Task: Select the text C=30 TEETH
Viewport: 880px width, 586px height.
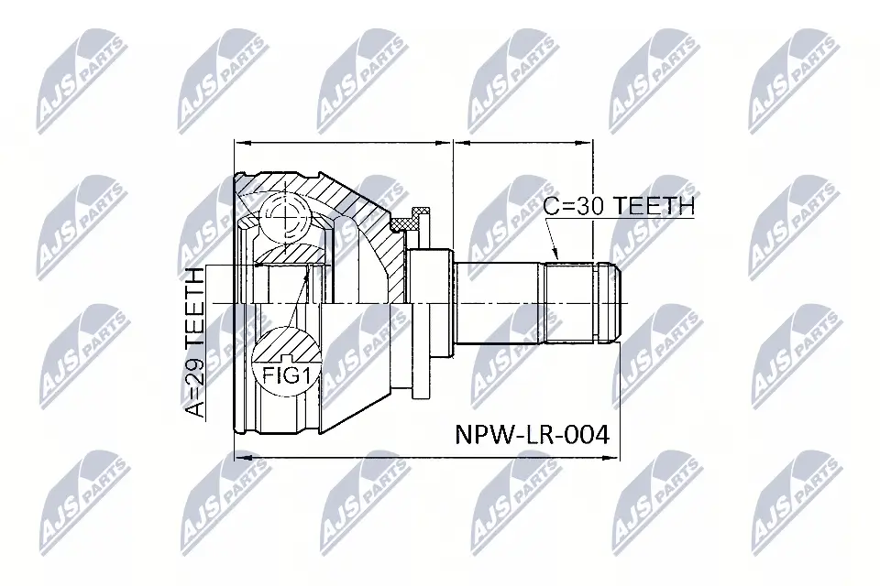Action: (619, 206)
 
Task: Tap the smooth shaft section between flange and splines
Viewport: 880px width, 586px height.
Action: (495, 302)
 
